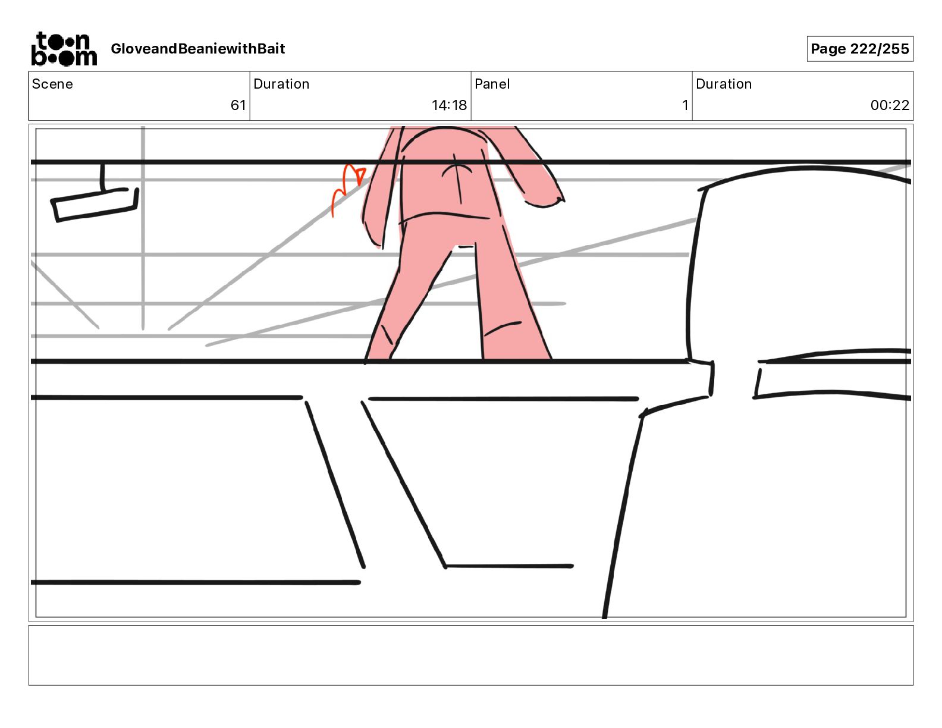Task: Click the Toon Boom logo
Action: pos(64,49)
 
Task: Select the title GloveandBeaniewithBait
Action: pos(197,49)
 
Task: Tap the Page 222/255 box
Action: pos(859,49)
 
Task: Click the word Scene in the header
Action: pos(52,84)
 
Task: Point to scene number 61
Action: pos(238,105)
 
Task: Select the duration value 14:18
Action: pos(449,105)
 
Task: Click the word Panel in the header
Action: pos(492,84)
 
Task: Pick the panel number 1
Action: pos(685,105)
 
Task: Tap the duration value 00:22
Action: pos(890,105)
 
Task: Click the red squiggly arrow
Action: pos(347,187)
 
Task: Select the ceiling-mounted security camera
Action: pos(95,201)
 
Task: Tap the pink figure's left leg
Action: pos(404,297)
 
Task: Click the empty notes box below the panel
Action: pos(470,655)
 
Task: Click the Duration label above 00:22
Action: pos(723,84)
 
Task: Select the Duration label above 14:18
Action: pos(281,84)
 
